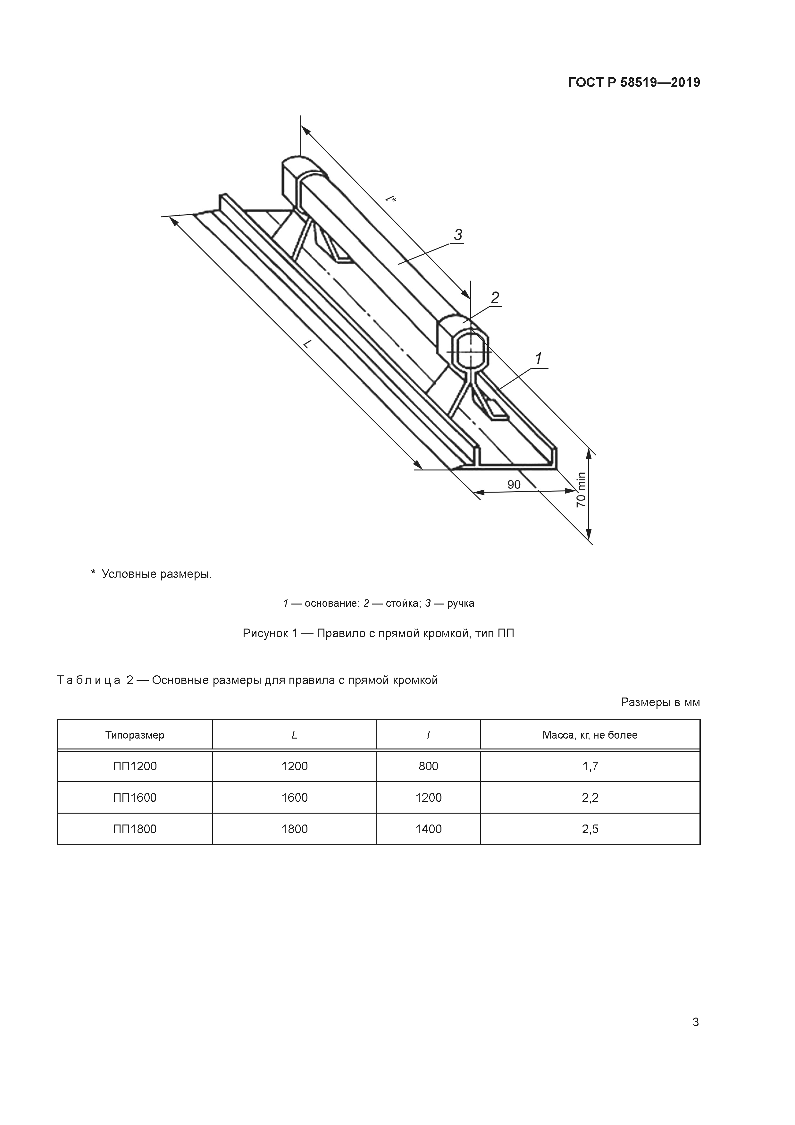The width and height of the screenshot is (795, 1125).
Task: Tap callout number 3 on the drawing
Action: point(458,235)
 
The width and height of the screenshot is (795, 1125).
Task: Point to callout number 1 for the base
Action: point(538,359)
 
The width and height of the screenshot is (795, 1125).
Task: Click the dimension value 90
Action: point(514,485)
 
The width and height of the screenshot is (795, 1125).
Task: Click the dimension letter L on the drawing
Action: point(307,344)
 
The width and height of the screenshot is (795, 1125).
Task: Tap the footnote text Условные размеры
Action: point(156,574)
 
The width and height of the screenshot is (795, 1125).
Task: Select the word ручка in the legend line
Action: point(460,603)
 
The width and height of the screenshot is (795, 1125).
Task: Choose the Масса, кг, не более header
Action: point(590,735)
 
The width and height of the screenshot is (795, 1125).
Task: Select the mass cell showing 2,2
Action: point(590,798)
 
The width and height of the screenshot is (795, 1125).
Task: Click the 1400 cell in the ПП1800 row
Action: point(428,829)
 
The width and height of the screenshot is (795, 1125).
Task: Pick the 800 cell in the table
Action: point(428,766)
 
